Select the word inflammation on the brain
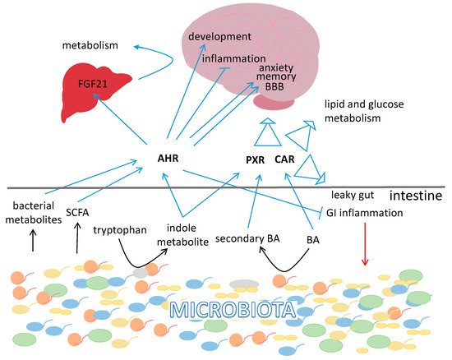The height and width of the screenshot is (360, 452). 235,59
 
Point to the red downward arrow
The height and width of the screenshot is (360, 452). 365,246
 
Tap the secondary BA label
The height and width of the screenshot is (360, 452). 250,239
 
